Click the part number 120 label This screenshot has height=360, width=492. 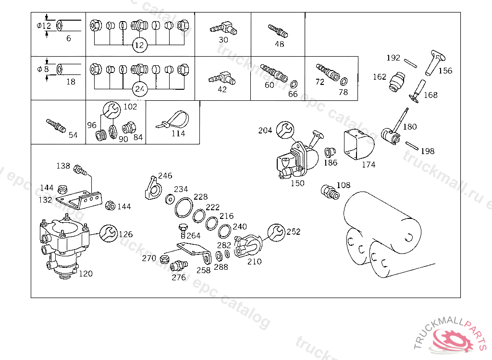[x=86, y=274]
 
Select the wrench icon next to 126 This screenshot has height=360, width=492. [x=108, y=234]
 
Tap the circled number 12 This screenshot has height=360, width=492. [x=139, y=46]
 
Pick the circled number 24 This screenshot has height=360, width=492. [x=139, y=89]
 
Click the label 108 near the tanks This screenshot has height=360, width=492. [x=343, y=185]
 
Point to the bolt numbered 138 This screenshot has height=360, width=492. [x=79, y=169]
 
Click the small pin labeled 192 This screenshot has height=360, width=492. [x=410, y=62]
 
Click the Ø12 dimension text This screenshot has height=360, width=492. [x=44, y=26]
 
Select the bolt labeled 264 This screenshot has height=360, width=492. [x=182, y=229]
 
